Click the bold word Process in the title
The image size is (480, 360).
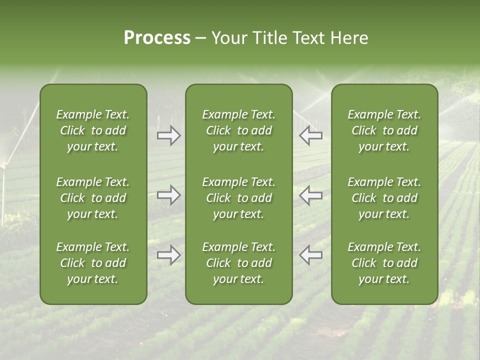157,38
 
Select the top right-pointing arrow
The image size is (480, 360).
169,135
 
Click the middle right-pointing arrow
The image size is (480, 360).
169,195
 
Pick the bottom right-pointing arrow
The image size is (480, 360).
169,255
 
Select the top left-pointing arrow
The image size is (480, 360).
310,135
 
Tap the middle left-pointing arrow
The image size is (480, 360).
310,195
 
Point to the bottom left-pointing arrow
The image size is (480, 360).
310,255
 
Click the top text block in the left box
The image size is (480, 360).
93,130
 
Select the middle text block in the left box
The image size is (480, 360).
93,198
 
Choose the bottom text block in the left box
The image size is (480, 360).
93,263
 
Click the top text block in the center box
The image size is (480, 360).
238,130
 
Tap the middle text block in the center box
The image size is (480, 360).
238,198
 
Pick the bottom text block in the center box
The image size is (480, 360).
238,263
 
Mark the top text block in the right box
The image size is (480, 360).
384,130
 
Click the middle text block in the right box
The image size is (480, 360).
384,198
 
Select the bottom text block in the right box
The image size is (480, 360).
384,263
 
